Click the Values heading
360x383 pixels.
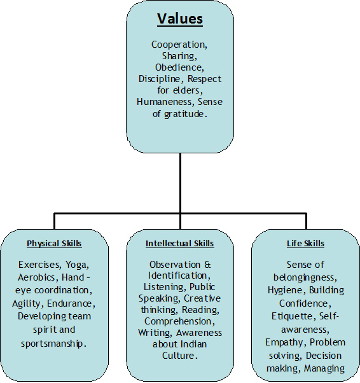180,18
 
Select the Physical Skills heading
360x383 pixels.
54,244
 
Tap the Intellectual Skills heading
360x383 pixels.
180,244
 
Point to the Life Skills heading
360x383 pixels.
305,244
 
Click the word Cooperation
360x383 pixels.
179,45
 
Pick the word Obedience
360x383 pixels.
179,67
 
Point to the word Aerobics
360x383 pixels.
36,277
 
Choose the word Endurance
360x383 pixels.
70,303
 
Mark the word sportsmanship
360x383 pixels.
52,344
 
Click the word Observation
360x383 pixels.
175,265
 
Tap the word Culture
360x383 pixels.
178,356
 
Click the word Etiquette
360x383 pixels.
291,316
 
